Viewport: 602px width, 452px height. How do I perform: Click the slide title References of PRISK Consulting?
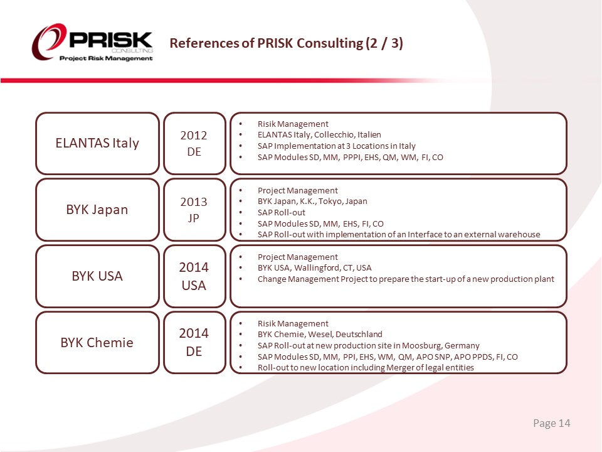point(287,43)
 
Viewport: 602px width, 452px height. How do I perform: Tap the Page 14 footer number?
point(552,424)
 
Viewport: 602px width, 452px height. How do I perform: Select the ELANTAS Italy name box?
point(97,143)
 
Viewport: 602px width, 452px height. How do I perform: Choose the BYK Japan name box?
point(97,210)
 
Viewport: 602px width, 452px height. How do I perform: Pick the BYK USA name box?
point(97,276)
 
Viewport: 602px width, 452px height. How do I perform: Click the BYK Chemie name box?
point(97,343)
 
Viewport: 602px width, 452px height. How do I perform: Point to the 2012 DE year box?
point(194,143)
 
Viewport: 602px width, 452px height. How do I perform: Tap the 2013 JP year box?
point(194,210)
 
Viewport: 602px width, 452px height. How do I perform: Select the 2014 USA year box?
point(194,276)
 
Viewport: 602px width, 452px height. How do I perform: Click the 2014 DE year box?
point(194,343)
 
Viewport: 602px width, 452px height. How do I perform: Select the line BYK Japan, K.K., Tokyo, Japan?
point(312,202)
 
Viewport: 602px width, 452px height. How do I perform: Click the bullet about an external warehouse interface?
point(399,235)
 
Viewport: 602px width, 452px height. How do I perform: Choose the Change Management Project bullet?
point(406,279)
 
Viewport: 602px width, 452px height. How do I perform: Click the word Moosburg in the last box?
point(423,346)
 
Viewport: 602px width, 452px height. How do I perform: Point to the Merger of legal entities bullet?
point(366,368)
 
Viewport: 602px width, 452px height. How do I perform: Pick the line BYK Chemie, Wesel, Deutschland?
point(320,335)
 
